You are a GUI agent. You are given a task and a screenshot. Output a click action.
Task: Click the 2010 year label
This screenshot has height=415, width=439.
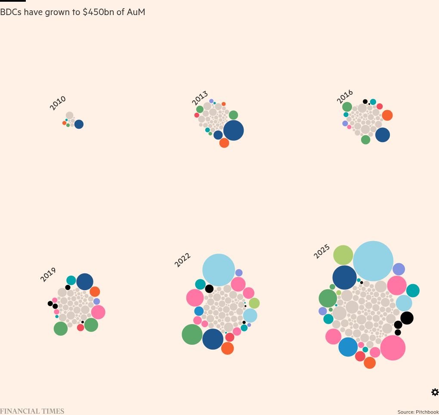point(58,103)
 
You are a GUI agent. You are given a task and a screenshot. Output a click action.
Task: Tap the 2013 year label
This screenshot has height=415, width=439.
point(200,98)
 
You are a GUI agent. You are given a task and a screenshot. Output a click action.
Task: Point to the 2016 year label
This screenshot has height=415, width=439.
point(345,96)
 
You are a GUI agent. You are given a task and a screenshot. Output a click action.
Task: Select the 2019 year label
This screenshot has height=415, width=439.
point(48,274)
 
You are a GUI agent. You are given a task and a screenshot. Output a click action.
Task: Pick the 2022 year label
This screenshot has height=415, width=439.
point(182,260)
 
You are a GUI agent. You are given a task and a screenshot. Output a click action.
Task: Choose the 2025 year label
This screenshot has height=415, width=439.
point(322,251)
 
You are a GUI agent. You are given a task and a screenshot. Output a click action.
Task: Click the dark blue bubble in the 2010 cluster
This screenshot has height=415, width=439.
point(79,124)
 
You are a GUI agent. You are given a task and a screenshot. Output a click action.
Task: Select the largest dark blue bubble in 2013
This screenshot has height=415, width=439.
point(233,130)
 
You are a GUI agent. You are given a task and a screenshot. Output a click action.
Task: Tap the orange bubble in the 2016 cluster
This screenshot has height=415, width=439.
point(387,115)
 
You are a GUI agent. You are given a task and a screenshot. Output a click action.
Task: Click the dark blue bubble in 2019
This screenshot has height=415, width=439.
point(85,282)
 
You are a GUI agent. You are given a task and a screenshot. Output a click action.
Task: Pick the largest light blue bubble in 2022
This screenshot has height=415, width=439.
point(219,270)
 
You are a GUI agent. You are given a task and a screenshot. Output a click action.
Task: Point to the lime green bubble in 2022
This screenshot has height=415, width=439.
point(254,303)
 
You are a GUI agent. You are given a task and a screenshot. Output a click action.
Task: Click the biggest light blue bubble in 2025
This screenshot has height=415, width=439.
point(373,261)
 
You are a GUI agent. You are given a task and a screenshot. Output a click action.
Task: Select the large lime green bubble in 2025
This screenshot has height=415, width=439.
point(343,255)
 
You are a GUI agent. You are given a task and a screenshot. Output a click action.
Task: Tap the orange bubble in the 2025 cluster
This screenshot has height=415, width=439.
point(370,363)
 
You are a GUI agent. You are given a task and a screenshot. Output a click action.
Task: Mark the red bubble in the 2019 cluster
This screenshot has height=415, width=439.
point(80,328)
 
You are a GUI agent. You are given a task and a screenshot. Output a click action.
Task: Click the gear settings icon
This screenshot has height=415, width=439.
point(435,392)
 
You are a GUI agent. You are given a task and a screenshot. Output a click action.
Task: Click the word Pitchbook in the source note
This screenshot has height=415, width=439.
point(427,412)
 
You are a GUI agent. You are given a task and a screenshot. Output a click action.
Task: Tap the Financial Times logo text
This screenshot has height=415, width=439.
point(32,412)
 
